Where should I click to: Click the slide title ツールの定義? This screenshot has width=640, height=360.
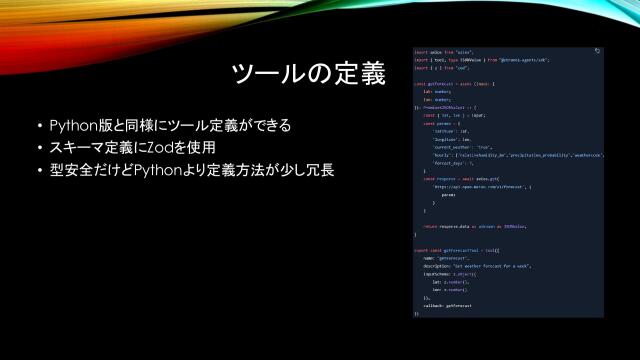point(307,74)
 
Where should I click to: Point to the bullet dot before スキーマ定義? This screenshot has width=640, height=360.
point(39,148)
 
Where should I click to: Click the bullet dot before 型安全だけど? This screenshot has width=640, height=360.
point(39,170)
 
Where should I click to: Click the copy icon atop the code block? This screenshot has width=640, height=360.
point(597,50)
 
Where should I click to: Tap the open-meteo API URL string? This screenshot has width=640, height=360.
point(470,186)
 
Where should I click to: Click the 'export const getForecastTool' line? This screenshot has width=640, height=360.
point(460,250)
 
